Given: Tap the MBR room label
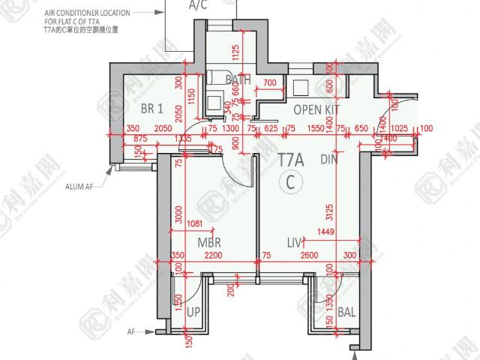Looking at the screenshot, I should [x=208, y=244].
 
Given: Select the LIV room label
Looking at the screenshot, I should [x=294, y=244].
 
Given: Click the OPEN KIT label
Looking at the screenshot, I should [x=316, y=110].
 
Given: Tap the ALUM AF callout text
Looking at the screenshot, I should [x=77, y=187].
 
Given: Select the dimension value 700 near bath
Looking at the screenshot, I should [x=270, y=82].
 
